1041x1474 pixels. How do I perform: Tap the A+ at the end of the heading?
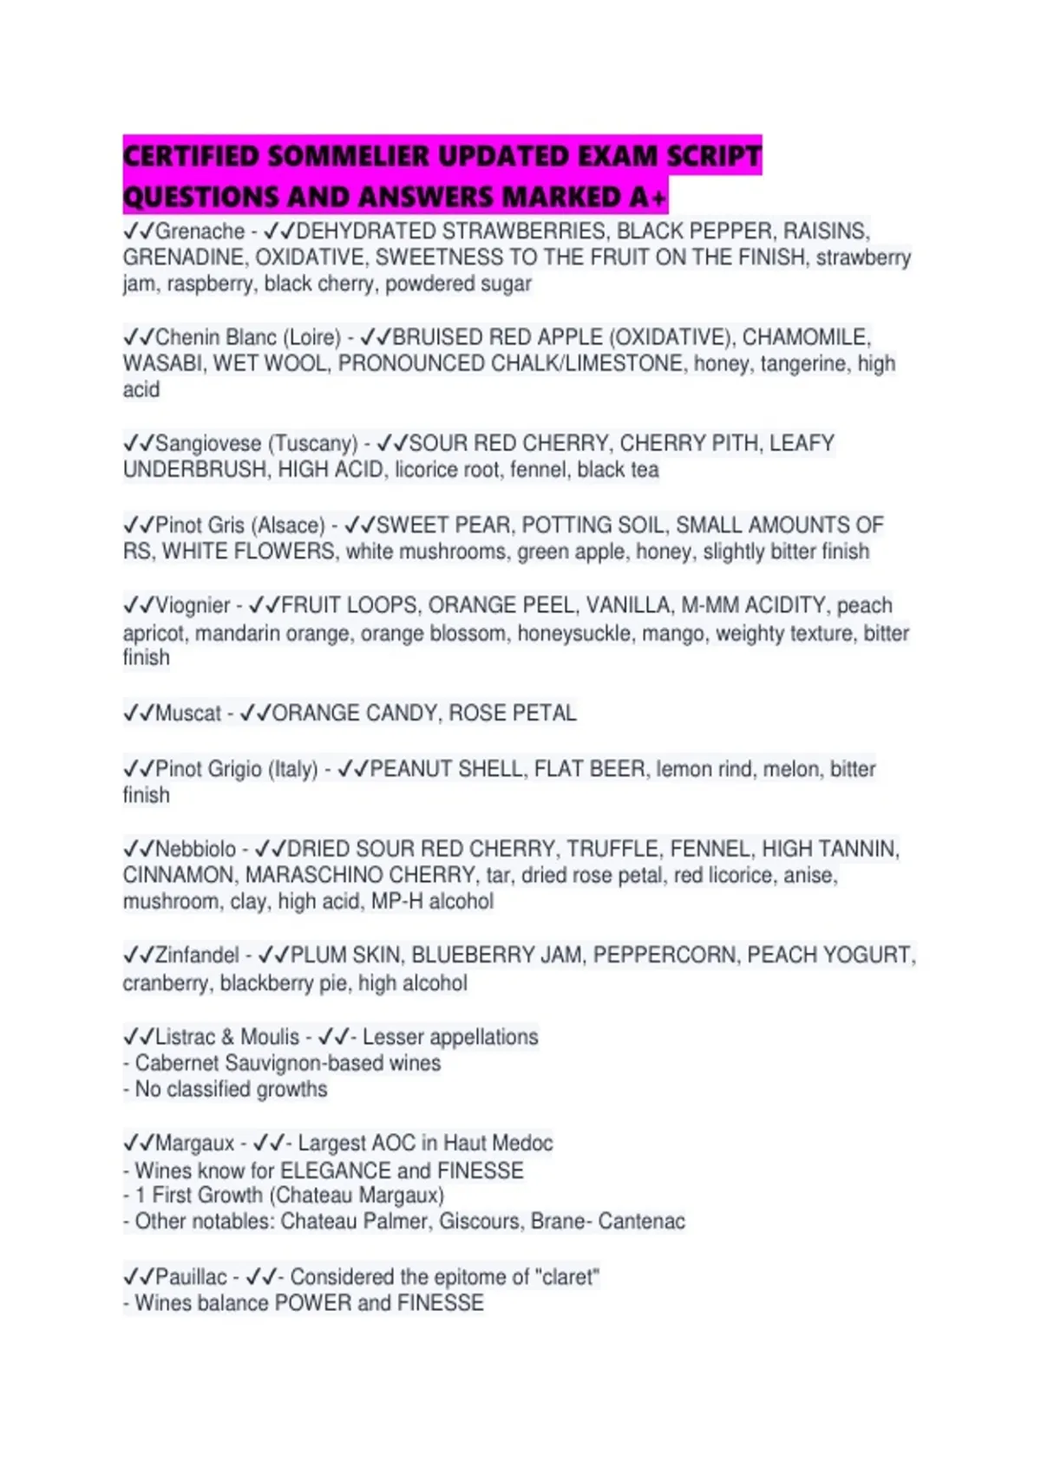point(648,197)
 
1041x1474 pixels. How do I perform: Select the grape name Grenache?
point(200,232)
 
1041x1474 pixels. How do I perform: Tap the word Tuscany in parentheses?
point(312,444)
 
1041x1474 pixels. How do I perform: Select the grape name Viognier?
point(193,605)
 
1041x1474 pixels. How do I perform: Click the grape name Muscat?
point(188,714)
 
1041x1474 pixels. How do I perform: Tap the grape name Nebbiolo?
point(195,849)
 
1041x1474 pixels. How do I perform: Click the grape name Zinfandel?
point(197,955)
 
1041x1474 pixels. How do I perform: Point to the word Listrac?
point(185,1037)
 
